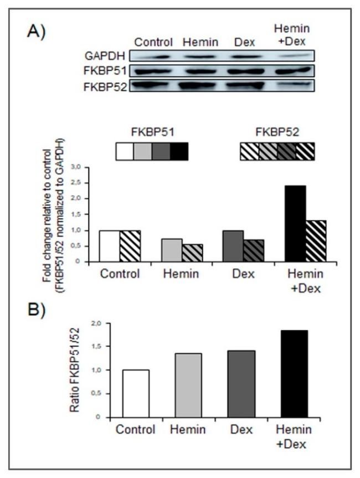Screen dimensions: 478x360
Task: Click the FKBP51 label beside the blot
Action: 101,71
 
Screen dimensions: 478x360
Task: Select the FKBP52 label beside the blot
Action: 101,86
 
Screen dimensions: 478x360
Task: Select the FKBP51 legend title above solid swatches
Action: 152,133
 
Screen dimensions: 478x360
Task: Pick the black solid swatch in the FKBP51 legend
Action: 179,151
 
